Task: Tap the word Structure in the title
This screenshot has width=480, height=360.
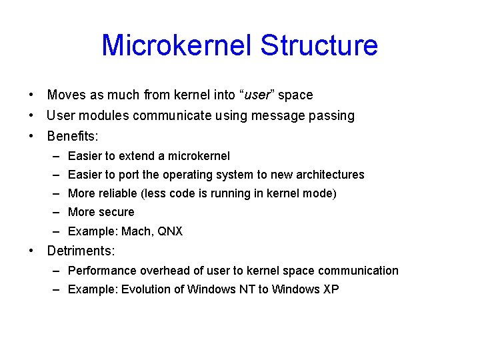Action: click(319, 46)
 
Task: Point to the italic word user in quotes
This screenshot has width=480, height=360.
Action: click(257, 95)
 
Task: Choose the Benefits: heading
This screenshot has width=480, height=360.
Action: click(73, 137)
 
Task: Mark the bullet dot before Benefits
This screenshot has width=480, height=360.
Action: click(31, 137)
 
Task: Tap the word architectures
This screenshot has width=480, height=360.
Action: click(328, 175)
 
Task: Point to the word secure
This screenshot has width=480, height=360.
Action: click(117, 212)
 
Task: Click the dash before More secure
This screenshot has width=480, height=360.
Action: click(58, 212)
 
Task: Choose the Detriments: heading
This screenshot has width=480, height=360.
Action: click(81, 251)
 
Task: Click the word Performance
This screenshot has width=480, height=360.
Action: click(99, 271)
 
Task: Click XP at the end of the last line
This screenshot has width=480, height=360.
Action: click(330, 289)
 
